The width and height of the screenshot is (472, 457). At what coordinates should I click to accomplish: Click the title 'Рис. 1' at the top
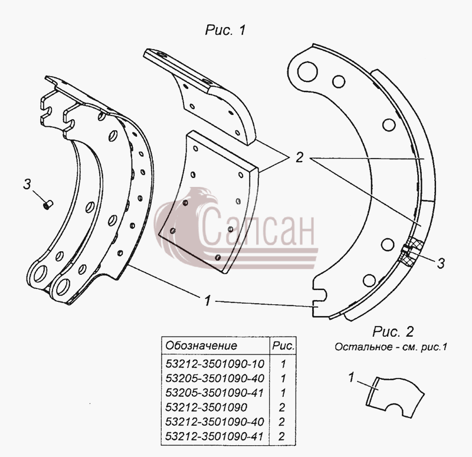click(x=225, y=30)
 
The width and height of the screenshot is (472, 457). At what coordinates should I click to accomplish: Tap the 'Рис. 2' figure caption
click(x=393, y=332)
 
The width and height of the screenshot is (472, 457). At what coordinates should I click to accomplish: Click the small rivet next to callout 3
click(x=48, y=204)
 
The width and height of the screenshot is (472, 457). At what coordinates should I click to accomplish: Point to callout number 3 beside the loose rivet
click(x=27, y=184)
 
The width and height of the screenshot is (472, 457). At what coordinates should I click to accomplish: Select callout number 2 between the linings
click(x=299, y=157)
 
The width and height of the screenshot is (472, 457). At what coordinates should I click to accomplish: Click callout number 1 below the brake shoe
click(x=208, y=301)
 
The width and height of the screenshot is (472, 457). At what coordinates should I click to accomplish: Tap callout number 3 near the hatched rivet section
click(x=441, y=263)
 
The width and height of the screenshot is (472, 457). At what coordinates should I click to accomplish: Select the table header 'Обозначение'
click(x=201, y=346)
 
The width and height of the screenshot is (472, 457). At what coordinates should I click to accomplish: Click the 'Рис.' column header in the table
click(x=283, y=346)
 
